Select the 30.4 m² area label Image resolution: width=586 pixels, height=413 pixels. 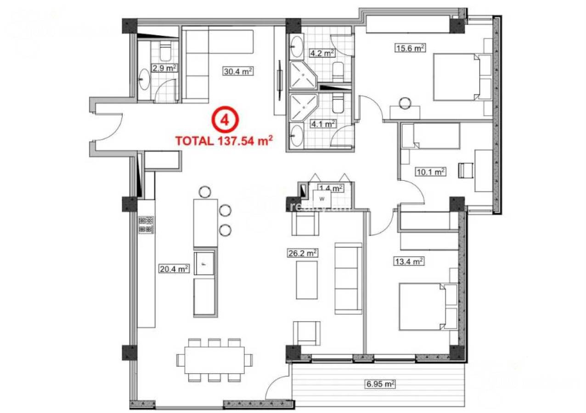(x=238, y=71)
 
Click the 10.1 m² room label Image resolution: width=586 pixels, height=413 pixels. (x=431, y=172)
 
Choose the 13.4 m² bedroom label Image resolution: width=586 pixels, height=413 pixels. (x=408, y=262)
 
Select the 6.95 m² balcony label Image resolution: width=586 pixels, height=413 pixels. (x=380, y=384)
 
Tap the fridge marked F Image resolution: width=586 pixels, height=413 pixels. (x=204, y=263)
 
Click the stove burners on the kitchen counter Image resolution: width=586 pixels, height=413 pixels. (x=146, y=224)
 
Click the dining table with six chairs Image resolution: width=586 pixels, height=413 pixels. (x=214, y=360)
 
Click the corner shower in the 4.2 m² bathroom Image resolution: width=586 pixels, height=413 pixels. (x=302, y=75)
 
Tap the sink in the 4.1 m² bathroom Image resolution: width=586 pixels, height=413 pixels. (x=297, y=136)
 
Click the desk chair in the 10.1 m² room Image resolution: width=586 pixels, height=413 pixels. (x=466, y=170)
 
